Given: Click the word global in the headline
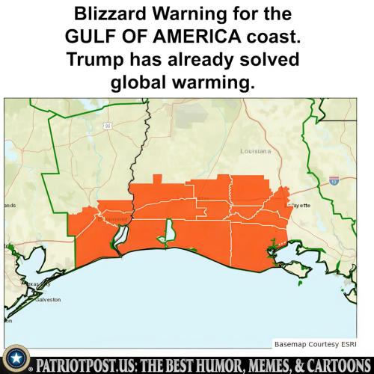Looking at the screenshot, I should pos(145,84).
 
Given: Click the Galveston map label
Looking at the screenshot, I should pos(46,299).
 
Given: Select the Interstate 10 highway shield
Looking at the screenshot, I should pos(334,180).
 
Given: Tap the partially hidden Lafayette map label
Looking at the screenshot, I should pos(301,204).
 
